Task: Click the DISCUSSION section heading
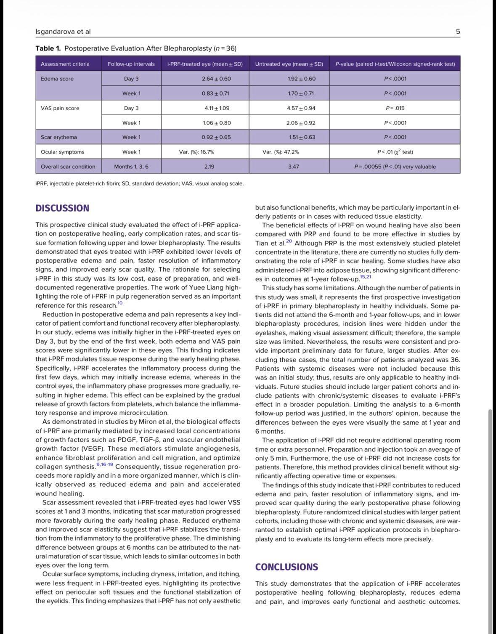pyautogui.click(x=62, y=208)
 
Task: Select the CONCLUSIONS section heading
pyautogui.click(x=286, y=567)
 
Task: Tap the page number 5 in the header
pyautogui.click(x=458, y=32)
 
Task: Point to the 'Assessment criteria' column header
pyautogui.click(x=65, y=64)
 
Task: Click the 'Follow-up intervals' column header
pyautogui.click(x=131, y=64)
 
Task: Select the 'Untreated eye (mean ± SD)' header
pyautogui.click(x=289, y=64)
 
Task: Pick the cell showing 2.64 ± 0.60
pyautogui.click(x=217, y=79)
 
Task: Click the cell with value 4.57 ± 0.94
pyautogui.click(x=302, y=108)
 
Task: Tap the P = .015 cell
pyautogui.click(x=395, y=108)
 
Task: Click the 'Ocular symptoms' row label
pyautogui.click(x=62, y=152)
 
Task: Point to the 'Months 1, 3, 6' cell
pyautogui.click(x=131, y=167)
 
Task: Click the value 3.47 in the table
pyautogui.click(x=294, y=167)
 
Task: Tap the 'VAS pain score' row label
pyautogui.click(x=60, y=108)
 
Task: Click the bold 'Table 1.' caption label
pyautogui.click(x=48, y=48)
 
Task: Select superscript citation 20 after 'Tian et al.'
pyautogui.click(x=289, y=241)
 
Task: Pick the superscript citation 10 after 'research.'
pyautogui.click(x=120, y=303)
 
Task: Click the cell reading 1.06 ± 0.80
pyautogui.click(x=217, y=123)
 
